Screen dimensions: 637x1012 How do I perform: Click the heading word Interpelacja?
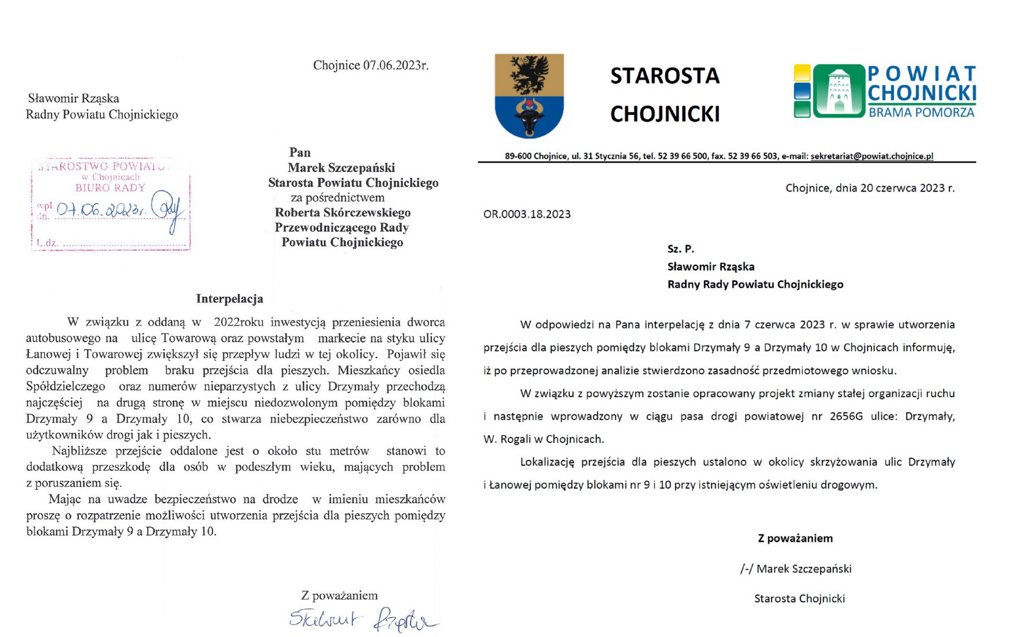tap(230, 299)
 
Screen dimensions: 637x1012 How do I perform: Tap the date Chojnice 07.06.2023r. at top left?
tap(371, 65)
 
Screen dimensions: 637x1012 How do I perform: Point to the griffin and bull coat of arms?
tap(529, 95)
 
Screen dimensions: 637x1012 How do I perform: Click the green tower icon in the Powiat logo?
tap(839, 91)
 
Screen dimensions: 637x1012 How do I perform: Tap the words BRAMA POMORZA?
tap(921, 113)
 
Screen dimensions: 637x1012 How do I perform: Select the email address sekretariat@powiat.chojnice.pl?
tap(872, 156)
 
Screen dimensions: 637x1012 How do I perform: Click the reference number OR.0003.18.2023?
tap(527, 214)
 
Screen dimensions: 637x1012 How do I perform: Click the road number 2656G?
tap(846, 416)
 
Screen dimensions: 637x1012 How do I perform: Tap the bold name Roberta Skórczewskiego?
tap(343, 212)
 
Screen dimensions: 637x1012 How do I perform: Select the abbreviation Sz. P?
tap(681, 249)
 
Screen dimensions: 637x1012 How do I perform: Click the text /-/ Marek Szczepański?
tap(796, 569)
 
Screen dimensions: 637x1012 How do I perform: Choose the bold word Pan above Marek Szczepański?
tap(300, 152)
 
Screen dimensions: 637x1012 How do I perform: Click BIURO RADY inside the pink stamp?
tap(110, 188)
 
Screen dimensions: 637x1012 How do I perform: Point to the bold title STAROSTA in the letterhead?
tap(665, 76)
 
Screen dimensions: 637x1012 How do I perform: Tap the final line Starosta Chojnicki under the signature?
tap(799, 598)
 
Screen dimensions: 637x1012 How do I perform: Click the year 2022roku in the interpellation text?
tap(239, 322)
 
